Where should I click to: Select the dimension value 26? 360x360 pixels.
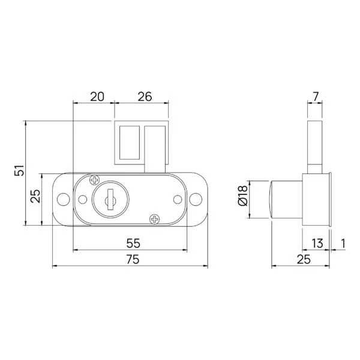tap(144, 96)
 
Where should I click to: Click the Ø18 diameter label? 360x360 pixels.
tap(243, 197)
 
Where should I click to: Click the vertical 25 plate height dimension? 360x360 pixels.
tap(35, 196)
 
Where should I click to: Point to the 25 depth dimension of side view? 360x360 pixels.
tap(303, 259)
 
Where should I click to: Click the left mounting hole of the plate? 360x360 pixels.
tap(62, 199)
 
